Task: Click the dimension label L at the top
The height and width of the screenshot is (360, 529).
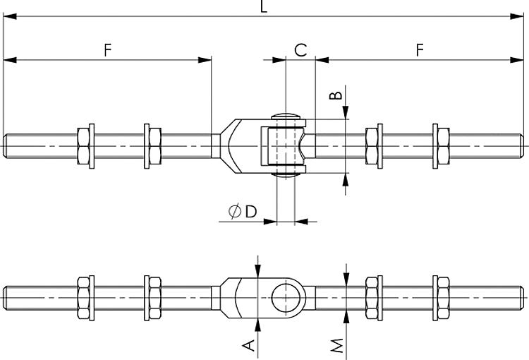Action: pyautogui.click(x=263, y=7)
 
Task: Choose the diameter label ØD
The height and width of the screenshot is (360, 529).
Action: pyautogui.click(x=242, y=211)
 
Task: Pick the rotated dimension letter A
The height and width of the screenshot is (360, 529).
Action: pyautogui.click(x=248, y=344)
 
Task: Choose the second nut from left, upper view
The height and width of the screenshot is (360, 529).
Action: pyautogui.click(x=152, y=147)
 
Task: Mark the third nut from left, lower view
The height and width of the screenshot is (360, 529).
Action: pyautogui.click(x=374, y=294)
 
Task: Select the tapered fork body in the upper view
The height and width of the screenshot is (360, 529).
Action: pyautogui.click(x=230, y=147)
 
